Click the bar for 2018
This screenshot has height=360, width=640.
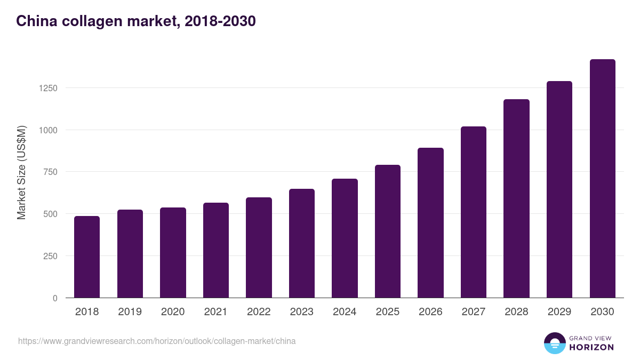(87, 257)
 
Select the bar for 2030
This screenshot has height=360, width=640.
(602, 179)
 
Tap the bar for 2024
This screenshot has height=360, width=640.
(345, 238)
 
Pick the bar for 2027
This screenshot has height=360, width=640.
(474, 212)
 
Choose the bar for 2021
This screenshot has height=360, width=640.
(216, 250)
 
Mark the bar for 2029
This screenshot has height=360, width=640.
(559, 189)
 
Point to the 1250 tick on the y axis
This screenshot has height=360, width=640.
(47, 88)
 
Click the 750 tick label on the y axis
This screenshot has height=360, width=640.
(50, 172)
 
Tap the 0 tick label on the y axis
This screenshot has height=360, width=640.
(54, 298)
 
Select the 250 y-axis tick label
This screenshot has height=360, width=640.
(50, 256)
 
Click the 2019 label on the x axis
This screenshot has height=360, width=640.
(130, 312)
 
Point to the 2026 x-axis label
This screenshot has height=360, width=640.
(430, 312)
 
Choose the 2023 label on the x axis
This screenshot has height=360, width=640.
(301, 312)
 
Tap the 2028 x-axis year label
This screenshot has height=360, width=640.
(516, 312)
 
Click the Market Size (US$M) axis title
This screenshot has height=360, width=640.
(21, 172)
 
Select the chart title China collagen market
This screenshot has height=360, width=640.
(136, 21)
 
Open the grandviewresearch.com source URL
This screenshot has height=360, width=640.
(157, 341)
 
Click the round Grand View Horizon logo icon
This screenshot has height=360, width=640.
(554, 343)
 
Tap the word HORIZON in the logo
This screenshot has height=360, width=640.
(591, 347)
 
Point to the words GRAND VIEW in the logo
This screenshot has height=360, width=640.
(591, 338)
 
